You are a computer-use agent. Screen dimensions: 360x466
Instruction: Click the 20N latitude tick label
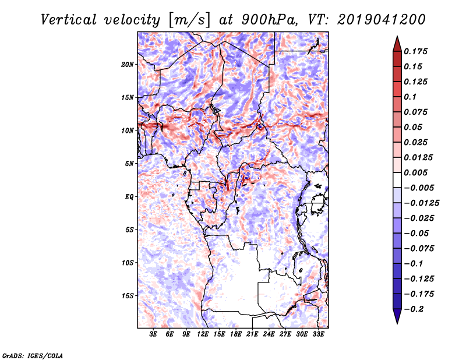pyautogui.click(x=128, y=64)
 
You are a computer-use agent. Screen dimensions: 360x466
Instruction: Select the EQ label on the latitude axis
pyautogui.click(x=130, y=196)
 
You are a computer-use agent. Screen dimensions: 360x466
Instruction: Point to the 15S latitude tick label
pyautogui.click(x=128, y=295)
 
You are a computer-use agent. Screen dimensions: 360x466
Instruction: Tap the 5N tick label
pyautogui.click(x=129, y=163)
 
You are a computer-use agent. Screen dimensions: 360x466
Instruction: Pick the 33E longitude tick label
pyautogui.click(x=318, y=335)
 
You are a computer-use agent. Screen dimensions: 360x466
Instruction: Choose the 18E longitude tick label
pyautogui.click(x=236, y=335)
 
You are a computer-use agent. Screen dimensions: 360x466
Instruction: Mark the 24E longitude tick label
pyautogui.click(x=269, y=335)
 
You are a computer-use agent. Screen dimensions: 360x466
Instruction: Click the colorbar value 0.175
pyautogui.click(x=418, y=51)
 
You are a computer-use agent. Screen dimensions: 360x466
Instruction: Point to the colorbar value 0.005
pyautogui.click(x=418, y=172)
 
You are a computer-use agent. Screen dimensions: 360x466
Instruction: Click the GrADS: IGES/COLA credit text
pyautogui.click(x=32, y=355)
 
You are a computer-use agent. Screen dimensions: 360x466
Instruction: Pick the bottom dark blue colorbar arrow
pyautogui.click(x=397, y=318)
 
